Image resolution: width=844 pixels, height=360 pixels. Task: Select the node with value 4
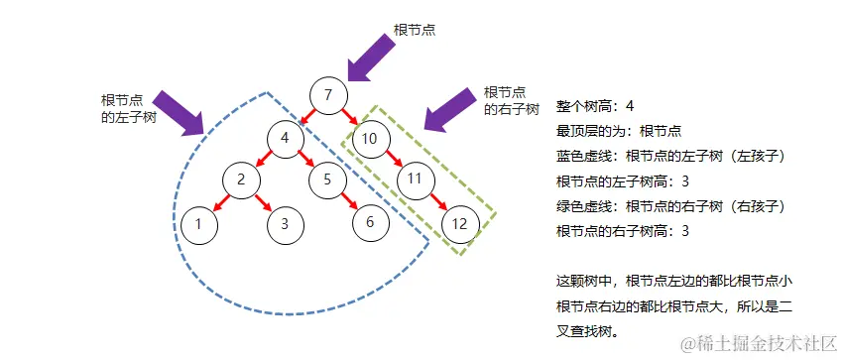click(285, 138)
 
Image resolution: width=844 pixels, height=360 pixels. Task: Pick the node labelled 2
click(241, 180)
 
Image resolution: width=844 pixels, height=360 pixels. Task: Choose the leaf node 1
click(198, 223)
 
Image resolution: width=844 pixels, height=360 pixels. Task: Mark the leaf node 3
click(285, 223)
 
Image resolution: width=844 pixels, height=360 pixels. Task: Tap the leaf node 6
click(370, 221)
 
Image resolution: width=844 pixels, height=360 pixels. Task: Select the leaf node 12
click(459, 223)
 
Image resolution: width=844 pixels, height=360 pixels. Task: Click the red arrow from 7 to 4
click(305, 117)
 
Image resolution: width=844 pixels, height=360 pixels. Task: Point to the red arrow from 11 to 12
click(437, 202)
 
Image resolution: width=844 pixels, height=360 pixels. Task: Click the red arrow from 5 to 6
click(348, 201)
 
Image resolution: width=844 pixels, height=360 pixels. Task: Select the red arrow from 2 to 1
click(219, 202)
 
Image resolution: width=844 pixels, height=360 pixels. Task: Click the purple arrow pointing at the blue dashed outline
click(181, 111)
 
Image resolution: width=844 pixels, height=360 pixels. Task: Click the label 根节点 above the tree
click(416, 30)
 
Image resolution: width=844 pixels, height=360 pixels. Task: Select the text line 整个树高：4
click(595, 106)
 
